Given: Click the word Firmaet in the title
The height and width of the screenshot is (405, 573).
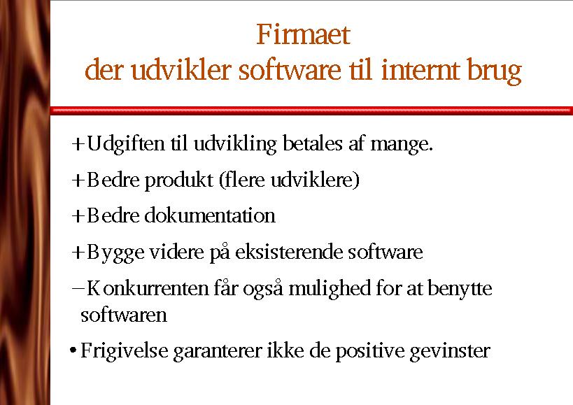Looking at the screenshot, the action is point(303,34).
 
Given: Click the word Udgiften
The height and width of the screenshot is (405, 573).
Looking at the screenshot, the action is point(126,144).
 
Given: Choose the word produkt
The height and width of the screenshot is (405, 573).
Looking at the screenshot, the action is point(179,180).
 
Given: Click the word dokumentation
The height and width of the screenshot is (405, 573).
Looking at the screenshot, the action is point(210,215).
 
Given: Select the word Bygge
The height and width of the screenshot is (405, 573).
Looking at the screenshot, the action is point(115,253).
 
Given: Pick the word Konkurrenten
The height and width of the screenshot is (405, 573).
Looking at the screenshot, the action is point(147,288).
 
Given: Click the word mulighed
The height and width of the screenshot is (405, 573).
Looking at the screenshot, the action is point(330,289).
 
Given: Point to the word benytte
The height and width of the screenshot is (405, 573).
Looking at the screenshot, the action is point(460,289).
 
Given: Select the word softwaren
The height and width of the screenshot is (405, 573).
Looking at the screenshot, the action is point(124,315).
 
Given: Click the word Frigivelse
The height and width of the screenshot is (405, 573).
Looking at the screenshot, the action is point(125,351).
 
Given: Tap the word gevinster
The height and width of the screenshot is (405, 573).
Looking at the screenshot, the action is point(450,352).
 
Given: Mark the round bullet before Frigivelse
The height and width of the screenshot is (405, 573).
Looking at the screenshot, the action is point(73,351).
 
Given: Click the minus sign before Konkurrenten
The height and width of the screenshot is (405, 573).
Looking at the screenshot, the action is point(78,287).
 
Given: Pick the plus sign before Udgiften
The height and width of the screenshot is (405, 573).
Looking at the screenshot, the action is point(78,144).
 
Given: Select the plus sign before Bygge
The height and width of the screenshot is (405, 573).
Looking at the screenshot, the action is point(78,253).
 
